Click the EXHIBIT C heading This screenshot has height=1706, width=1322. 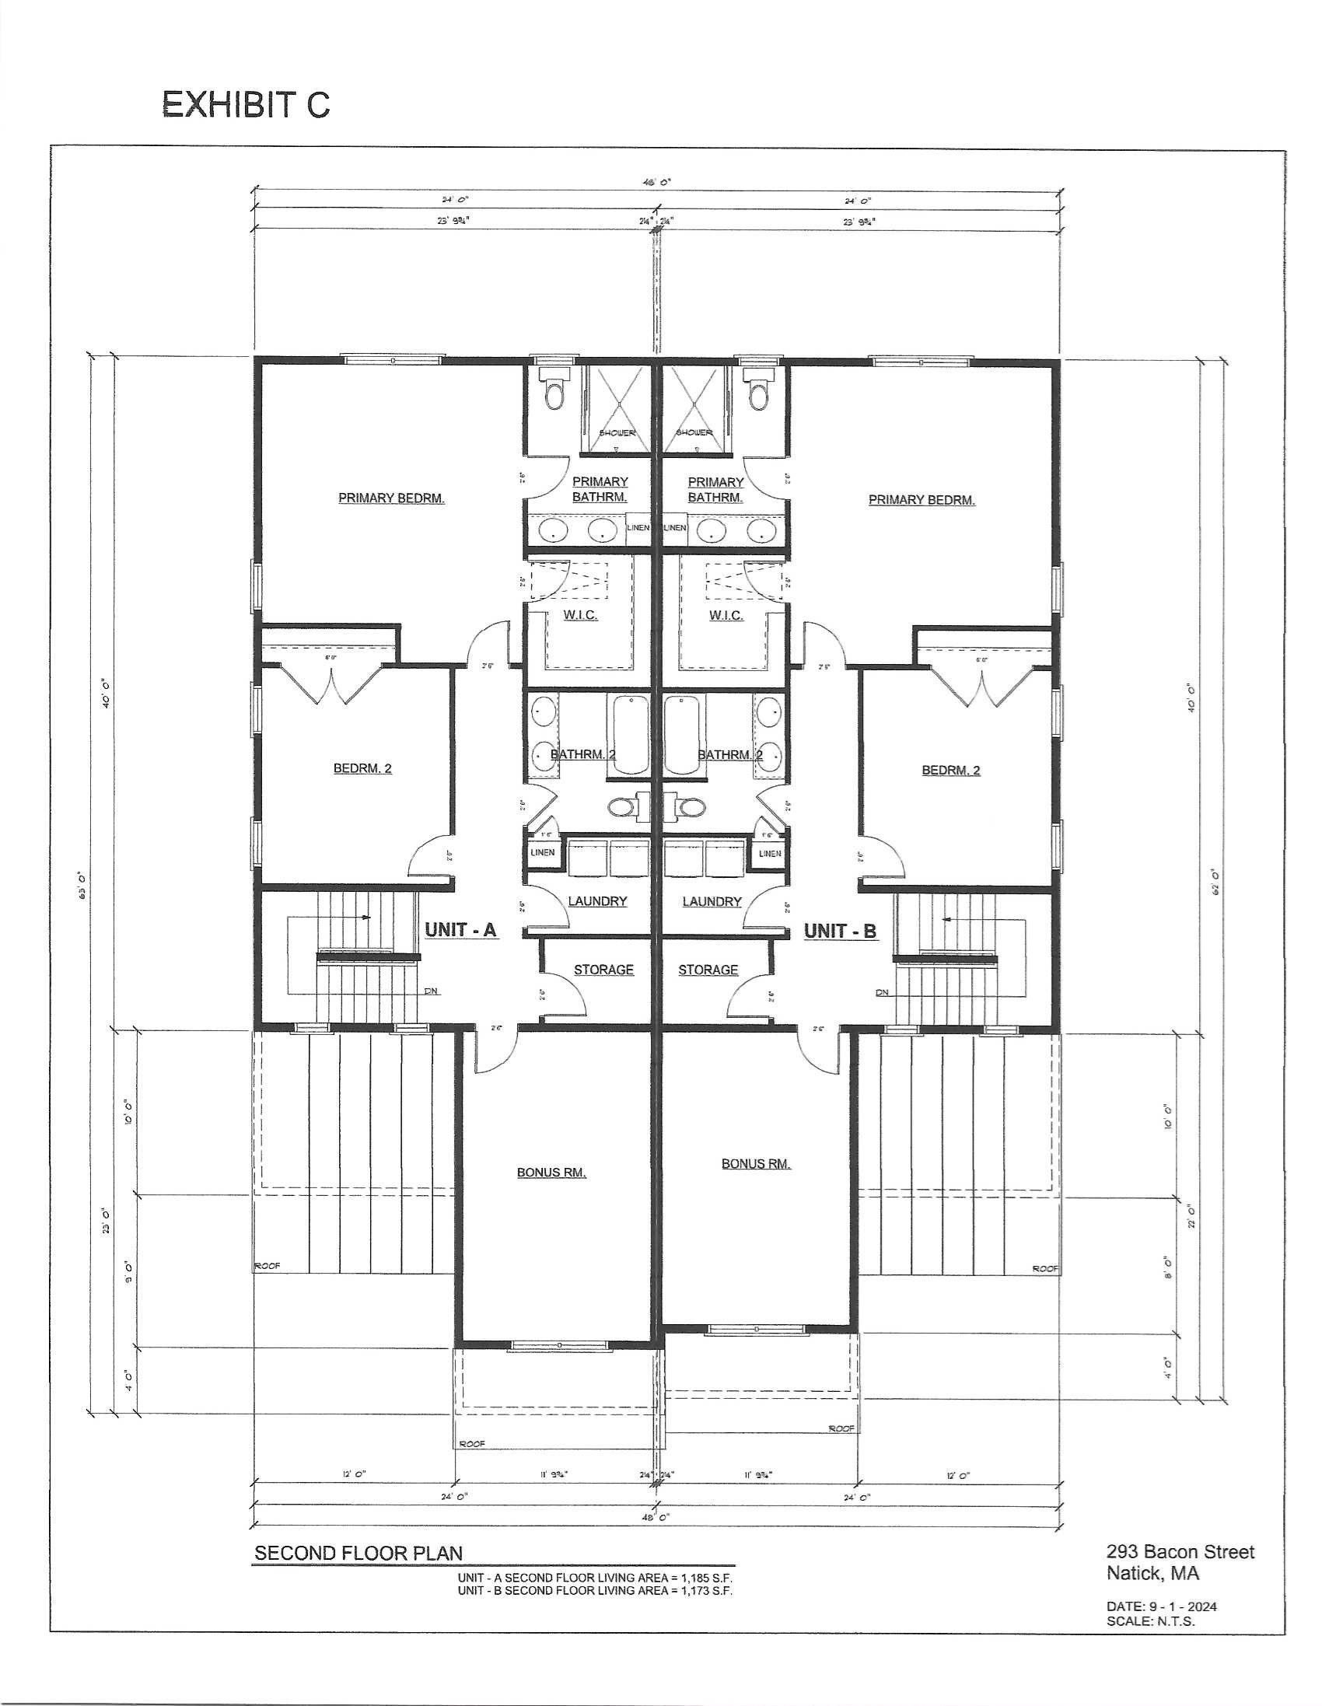(x=245, y=105)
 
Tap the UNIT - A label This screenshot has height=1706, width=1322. (x=460, y=929)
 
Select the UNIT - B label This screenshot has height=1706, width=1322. (x=840, y=930)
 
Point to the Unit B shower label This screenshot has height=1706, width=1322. (x=694, y=432)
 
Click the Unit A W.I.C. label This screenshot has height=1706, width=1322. (x=580, y=616)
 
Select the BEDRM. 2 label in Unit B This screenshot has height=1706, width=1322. (x=951, y=771)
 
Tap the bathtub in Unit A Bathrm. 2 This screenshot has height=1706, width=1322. (x=628, y=736)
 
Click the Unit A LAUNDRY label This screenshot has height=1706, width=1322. (x=597, y=900)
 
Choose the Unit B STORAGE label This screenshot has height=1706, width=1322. (x=708, y=970)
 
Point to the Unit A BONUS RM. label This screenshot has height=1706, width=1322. (x=551, y=1173)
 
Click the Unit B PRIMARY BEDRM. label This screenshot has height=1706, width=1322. (x=922, y=500)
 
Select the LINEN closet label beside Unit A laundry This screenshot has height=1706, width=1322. (x=542, y=852)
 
